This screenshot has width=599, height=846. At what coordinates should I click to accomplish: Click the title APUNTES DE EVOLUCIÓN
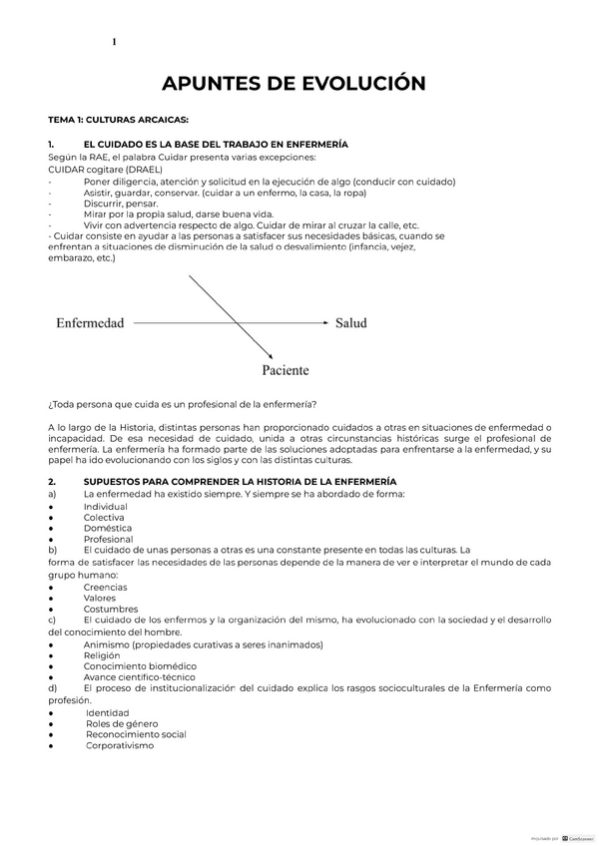click(x=299, y=83)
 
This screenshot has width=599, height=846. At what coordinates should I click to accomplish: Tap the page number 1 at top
click(x=114, y=42)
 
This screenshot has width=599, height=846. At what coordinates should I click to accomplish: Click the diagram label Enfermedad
click(x=90, y=323)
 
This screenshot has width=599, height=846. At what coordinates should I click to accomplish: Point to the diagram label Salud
click(x=350, y=323)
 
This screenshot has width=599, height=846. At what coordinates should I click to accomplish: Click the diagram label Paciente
click(x=285, y=370)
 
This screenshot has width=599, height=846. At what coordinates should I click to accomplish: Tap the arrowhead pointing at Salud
click(x=323, y=323)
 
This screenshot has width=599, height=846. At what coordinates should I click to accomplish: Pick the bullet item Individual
click(x=105, y=507)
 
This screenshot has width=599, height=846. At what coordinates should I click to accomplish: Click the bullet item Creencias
click(x=106, y=588)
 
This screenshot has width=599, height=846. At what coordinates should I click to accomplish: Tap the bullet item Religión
click(x=104, y=655)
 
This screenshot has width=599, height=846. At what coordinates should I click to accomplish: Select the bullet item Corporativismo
click(x=120, y=745)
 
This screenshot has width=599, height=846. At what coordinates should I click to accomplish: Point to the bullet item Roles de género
click(x=122, y=723)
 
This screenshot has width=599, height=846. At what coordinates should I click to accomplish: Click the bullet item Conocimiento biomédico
click(x=140, y=666)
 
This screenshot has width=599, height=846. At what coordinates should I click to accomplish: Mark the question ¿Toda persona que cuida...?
click(x=183, y=403)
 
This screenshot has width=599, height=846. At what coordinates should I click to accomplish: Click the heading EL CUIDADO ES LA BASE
click(x=216, y=145)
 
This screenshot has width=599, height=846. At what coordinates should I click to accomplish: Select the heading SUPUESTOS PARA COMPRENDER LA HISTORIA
click(x=240, y=482)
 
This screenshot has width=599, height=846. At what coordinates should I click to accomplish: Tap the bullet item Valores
click(x=100, y=599)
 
